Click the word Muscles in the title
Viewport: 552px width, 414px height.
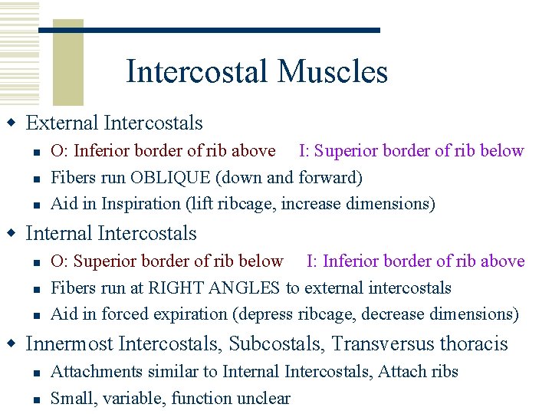(x=333, y=72)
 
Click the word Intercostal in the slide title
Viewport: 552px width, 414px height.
(x=199, y=72)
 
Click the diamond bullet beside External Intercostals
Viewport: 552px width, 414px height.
(x=11, y=123)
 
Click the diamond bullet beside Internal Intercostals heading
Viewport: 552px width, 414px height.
(x=11, y=233)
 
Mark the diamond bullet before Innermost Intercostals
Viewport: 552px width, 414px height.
(x=11, y=343)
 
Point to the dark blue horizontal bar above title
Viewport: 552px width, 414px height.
(x=209, y=30)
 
